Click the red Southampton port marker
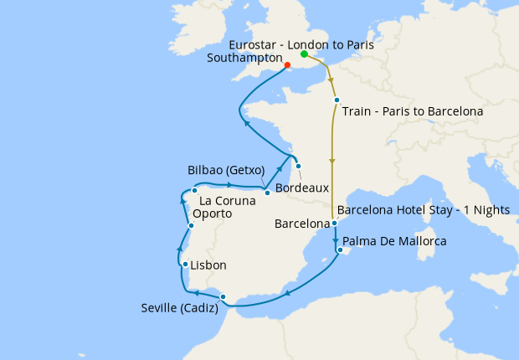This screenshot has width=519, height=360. tap(287, 64)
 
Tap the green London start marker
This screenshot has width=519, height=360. tap(304, 54)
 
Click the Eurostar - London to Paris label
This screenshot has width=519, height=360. tap(301, 43)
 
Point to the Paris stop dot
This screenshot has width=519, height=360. tap(337, 100)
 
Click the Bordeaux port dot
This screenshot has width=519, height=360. tap(298, 165)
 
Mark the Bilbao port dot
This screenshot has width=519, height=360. tap(267, 193)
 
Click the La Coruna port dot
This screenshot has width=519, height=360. tap(194, 190)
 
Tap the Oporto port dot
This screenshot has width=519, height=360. tap(192, 226)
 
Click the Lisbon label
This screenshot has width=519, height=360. tap(208, 265)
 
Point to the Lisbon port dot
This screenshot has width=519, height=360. tap(185, 264)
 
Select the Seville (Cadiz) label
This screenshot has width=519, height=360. tap(179, 308)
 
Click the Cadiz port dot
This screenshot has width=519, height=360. tap(223, 296)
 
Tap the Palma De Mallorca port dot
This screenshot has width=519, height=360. tap(339, 249)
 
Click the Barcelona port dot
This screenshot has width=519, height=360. tap(333, 223)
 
